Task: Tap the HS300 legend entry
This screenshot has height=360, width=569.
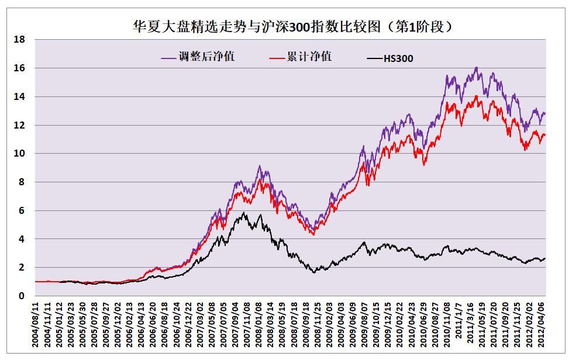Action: point(398,58)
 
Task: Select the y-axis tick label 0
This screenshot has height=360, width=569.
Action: point(22,296)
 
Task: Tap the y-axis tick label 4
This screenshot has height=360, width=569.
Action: point(22,239)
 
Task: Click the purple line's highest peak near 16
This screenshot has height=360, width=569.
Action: point(477,67)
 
